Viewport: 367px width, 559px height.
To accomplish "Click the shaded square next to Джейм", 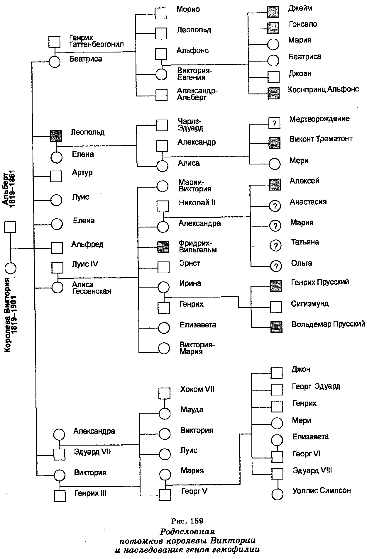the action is [x=273, y=11].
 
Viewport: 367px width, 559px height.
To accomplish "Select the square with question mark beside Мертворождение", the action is [x=274, y=123].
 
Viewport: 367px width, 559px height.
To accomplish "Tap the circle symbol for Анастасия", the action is [x=275, y=206].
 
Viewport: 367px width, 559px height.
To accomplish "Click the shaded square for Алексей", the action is [x=275, y=184].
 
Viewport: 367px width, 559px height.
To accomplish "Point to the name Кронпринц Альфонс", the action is [x=324, y=89].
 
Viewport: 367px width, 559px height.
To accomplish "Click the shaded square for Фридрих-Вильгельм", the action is [x=163, y=247].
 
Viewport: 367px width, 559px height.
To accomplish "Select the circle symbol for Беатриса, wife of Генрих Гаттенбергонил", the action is [x=54, y=62].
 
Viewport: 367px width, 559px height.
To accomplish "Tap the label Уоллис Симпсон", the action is [x=322, y=490].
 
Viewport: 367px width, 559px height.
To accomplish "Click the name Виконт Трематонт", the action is [x=321, y=139].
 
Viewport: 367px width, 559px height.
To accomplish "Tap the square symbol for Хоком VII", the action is [x=164, y=393].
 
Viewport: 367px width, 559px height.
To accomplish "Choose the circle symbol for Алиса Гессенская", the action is [x=57, y=287].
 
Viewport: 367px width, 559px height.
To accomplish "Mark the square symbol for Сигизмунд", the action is [x=276, y=307].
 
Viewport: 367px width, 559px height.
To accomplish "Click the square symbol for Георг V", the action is [x=165, y=495].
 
